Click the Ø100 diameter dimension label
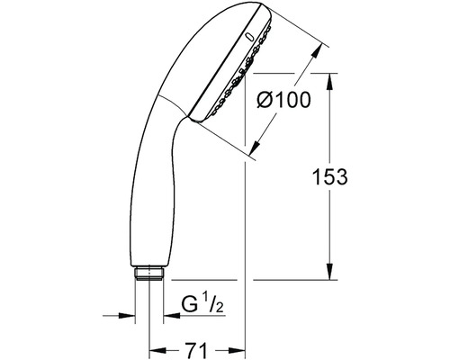(283, 100)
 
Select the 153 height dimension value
(330, 176)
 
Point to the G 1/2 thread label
(202, 304)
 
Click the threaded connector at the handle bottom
(149, 273)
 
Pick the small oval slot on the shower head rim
(248, 37)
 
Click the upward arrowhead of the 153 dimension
(329, 81)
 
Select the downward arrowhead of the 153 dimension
(329, 272)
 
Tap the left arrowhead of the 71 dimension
(157, 350)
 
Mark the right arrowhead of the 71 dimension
(238, 350)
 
